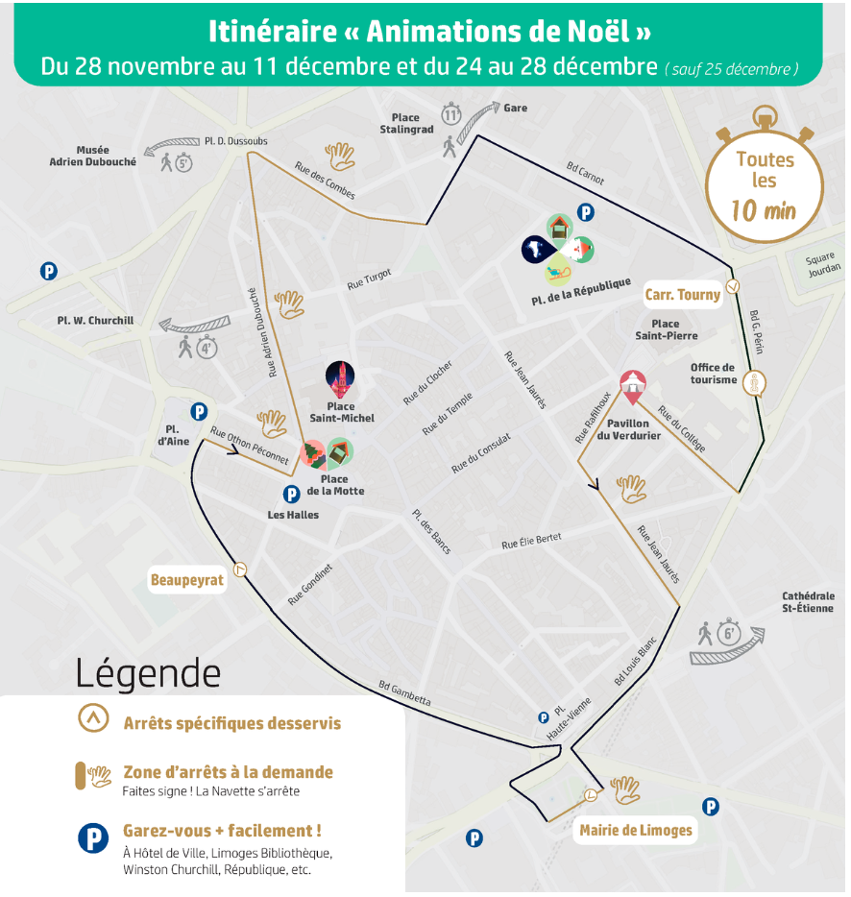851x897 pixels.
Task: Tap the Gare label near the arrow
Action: (516, 108)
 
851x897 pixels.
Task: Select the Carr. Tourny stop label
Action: (683, 295)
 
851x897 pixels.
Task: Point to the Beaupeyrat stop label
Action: (186, 580)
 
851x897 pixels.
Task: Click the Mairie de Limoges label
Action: (636, 831)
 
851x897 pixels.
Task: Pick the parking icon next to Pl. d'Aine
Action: (199, 412)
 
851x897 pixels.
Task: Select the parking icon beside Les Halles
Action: (291, 495)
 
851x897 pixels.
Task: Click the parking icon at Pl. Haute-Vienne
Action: (543, 717)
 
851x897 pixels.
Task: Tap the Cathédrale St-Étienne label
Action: (808, 602)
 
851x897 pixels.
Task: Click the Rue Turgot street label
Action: (370, 279)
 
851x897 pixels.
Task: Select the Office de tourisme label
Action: (713, 374)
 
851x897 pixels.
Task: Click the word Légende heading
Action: (148, 672)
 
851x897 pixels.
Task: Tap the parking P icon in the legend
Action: (93, 838)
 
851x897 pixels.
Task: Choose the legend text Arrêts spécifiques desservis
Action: (231, 723)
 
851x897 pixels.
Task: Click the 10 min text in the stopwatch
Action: (764, 210)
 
